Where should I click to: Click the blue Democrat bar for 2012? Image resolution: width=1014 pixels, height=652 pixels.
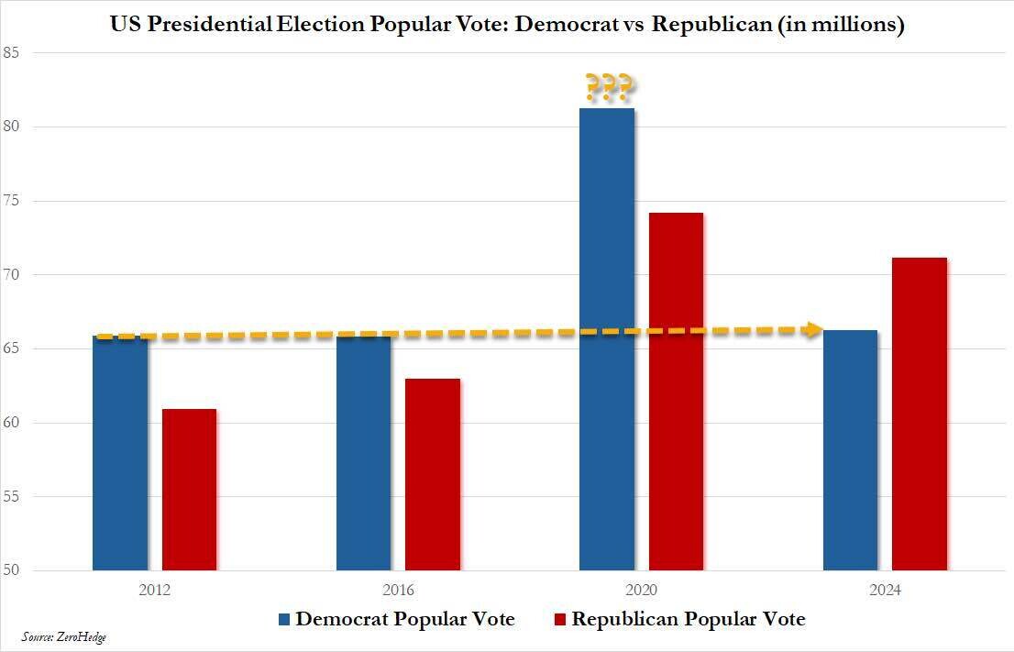120,453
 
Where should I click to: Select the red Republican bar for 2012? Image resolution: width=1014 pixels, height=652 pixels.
190,490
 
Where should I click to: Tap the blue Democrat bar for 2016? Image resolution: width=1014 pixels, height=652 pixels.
363,453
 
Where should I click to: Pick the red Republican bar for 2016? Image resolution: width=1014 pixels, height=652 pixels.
433,474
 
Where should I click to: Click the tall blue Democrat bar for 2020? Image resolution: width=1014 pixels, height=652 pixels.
607,339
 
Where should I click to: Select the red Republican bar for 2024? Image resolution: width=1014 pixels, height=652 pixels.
920,414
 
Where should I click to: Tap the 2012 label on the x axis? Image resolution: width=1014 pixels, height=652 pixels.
155,591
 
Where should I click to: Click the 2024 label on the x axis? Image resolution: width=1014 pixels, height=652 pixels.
885,591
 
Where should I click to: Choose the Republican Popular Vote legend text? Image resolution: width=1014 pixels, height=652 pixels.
689,620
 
